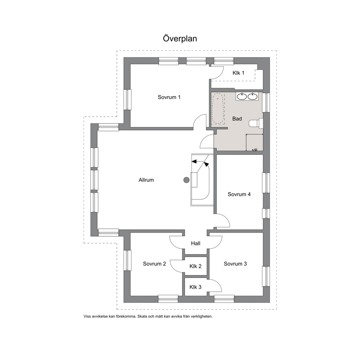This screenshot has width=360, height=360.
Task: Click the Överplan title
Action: (x=180, y=38)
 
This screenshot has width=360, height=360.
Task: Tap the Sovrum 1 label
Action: (x=169, y=97)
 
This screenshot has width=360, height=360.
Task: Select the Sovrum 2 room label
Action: (x=154, y=264)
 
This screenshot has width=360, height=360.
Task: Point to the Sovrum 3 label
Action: (x=235, y=264)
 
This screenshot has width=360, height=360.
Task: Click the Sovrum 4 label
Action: (x=239, y=194)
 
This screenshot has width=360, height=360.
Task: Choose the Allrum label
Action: (x=146, y=180)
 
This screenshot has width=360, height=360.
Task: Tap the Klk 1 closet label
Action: (x=238, y=73)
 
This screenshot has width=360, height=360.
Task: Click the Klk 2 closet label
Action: (x=195, y=266)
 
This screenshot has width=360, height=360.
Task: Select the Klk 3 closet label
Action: (x=195, y=287)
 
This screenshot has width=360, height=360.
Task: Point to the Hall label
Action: (x=196, y=244)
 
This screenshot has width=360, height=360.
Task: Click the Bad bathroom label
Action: (x=237, y=119)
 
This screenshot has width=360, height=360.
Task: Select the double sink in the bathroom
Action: (x=247, y=96)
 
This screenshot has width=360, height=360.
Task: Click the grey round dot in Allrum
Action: (x=187, y=180)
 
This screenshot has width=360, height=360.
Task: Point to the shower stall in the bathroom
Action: (x=254, y=143)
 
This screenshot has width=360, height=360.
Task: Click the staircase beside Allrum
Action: (x=201, y=180)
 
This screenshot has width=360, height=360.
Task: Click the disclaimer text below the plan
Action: (x=148, y=316)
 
